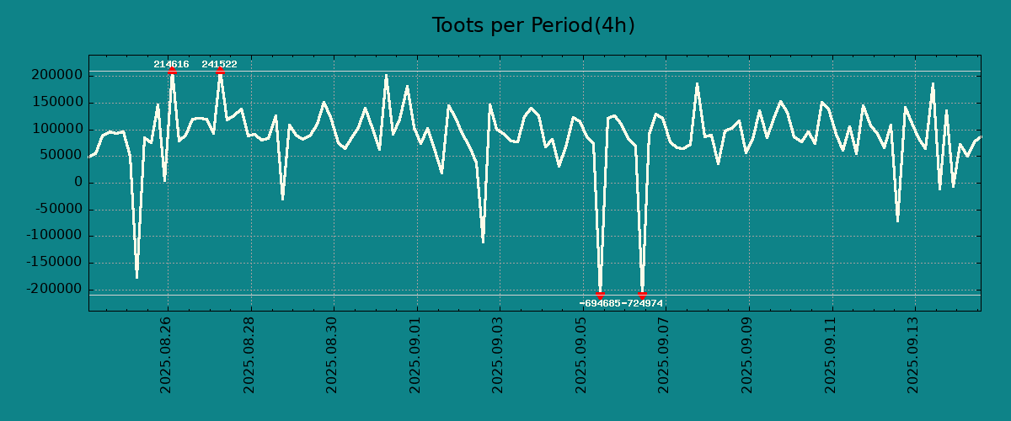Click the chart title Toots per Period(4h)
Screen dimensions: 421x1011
click(x=533, y=25)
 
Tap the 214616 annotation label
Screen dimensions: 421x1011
click(x=171, y=64)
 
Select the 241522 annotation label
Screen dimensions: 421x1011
click(x=219, y=64)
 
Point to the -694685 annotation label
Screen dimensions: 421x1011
click(x=600, y=303)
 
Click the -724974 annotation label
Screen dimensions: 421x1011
click(x=642, y=303)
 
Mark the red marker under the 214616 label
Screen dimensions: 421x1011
click(x=172, y=71)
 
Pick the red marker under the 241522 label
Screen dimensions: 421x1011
click(x=220, y=71)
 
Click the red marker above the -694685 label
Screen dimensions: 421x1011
click(x=600, y=295)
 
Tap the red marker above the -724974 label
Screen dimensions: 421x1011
click(x=642, y=295)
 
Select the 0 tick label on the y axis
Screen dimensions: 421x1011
click(x=78, y=183)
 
